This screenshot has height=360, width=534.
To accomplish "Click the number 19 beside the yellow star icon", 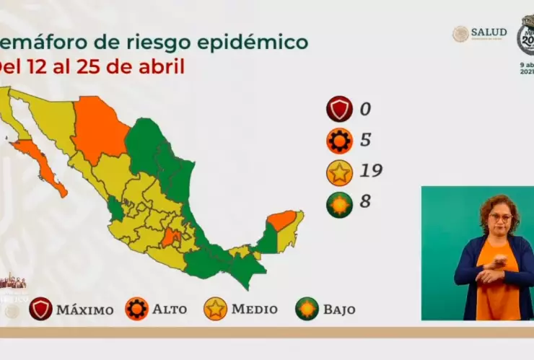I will tap(371, 171).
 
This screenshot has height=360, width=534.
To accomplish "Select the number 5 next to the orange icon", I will tap(366, 140).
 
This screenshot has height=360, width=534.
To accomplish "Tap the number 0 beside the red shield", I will tap(365, 110).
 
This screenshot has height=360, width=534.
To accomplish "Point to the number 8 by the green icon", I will tap(365, 201).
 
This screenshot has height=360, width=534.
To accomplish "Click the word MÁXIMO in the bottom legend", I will tap(84, 309).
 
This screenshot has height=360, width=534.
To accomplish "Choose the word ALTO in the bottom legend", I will tap(169, 309).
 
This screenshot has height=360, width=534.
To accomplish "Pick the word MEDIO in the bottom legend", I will tap(254, 309).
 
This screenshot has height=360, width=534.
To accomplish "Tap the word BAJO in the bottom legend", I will tap(339, 309).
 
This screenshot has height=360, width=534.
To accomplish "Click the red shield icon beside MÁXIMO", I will tap(41, 309).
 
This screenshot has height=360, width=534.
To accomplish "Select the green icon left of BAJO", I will tap(307, 309).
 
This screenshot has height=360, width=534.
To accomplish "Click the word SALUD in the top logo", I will tap(489, 32).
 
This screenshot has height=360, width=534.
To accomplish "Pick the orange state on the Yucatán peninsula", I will tap(282, 219).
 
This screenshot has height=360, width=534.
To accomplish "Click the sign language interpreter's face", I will tap(499, 217).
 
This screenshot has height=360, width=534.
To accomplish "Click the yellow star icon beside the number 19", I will tap(339, 171).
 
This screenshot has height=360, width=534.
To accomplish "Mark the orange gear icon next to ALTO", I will tap(136, 309).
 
